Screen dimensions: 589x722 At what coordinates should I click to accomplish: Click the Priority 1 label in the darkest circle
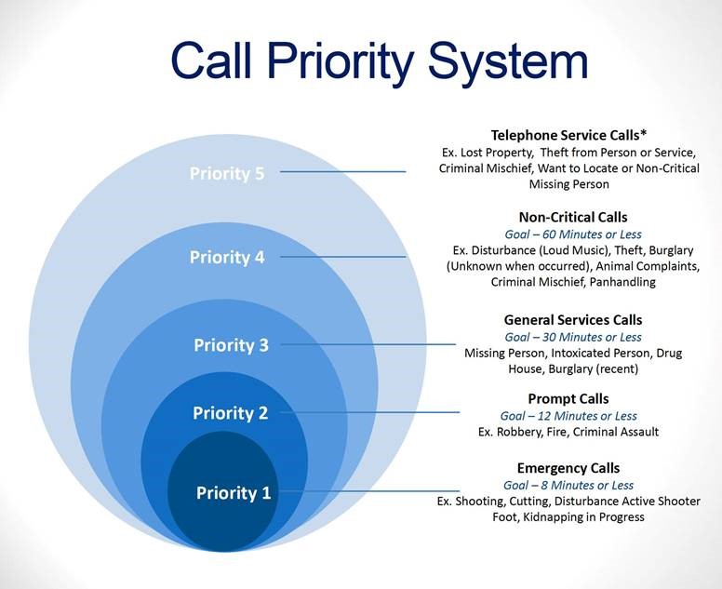tap(233, 493)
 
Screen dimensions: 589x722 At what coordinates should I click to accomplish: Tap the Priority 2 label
tap(231, 413)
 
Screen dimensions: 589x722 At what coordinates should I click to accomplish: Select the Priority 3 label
tap(231, 345)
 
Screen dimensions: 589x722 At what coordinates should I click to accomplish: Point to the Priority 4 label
tap(227, 258)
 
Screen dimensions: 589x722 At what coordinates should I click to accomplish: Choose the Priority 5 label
tap(227, 173)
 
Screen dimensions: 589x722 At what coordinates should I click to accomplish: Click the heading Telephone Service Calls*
tap(569, 135)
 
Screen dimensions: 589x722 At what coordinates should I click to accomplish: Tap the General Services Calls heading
tap(572, 320)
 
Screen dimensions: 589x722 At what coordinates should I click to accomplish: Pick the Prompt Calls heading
tap(568, 399)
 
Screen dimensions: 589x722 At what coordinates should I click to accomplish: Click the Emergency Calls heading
tap(568, 468)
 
